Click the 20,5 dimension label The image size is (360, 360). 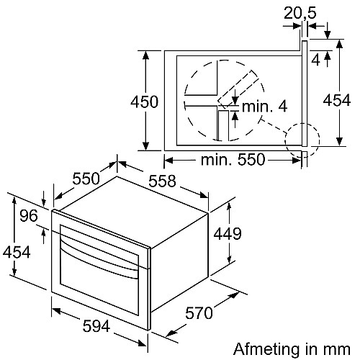(x=300, y=13)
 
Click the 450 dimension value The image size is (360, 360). (x=144, y=102)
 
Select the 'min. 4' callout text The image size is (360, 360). (x=264, y=107)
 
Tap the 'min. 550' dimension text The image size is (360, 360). (x=233, y=160)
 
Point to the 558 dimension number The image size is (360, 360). (x=162, y=181)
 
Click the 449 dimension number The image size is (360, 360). (x=228, y=233)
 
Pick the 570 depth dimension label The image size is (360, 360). (x=199, y=312)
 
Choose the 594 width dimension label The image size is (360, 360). (x=96, y=326)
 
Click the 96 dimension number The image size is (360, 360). (x=29, y=215)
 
